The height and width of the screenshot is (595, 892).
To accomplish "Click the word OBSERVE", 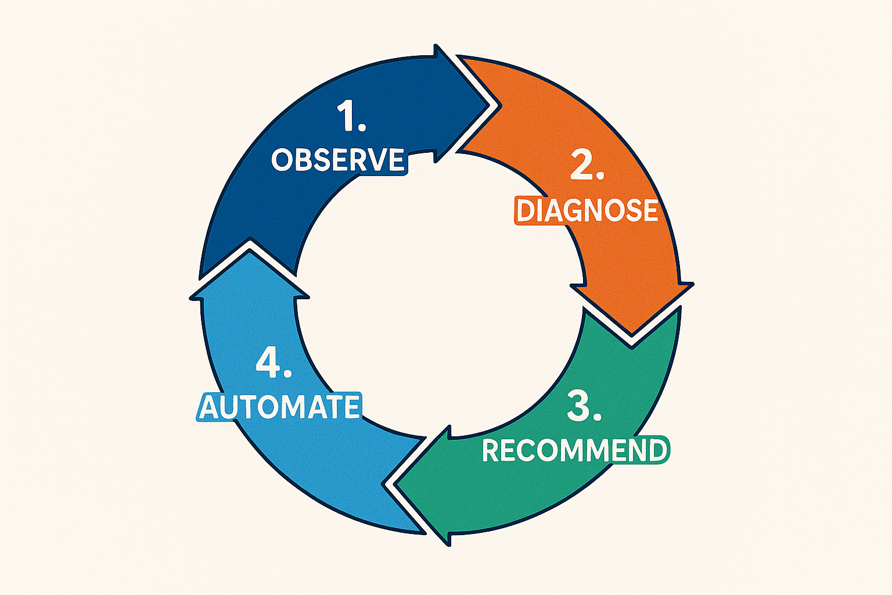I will (337, 160).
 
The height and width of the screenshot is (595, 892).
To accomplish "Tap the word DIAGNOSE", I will (587, 210).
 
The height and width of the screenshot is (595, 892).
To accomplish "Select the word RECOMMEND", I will (575, 450).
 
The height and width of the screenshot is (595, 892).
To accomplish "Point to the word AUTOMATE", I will (279, 406).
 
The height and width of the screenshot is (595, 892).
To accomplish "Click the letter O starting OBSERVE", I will (282, 160).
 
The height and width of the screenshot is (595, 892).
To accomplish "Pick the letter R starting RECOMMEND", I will (491, 451).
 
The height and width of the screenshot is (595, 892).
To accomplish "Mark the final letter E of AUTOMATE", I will (351, 406).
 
